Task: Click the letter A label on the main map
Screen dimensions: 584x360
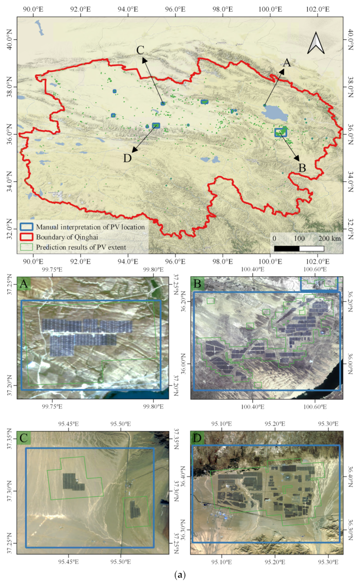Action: pyautogui.click(x=287, y=63)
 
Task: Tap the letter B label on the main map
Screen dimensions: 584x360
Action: pyautogui.click(x=302, y=167)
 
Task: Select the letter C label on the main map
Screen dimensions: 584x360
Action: pyautogui.click(x=140, y=50)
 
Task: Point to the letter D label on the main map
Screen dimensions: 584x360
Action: pyautogui.click(x=128, y=158)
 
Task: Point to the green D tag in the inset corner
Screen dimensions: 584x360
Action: pyautogui.click(x=197, y=438)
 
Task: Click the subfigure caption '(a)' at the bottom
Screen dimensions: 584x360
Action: pyautogui.click(x=180, y=575)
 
